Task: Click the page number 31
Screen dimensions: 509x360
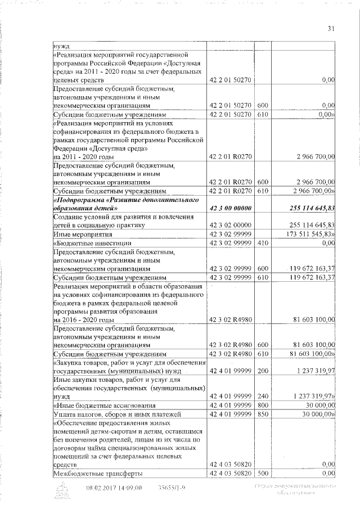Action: (331, 30)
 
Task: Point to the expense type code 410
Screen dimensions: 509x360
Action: (261, 242)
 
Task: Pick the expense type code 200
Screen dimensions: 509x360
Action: (261, 372)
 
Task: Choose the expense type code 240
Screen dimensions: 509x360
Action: (261, 397)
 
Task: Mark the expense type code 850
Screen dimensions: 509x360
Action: (261, 414)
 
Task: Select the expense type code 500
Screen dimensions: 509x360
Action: (261, 474)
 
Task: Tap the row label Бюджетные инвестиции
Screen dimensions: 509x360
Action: (84, 242)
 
